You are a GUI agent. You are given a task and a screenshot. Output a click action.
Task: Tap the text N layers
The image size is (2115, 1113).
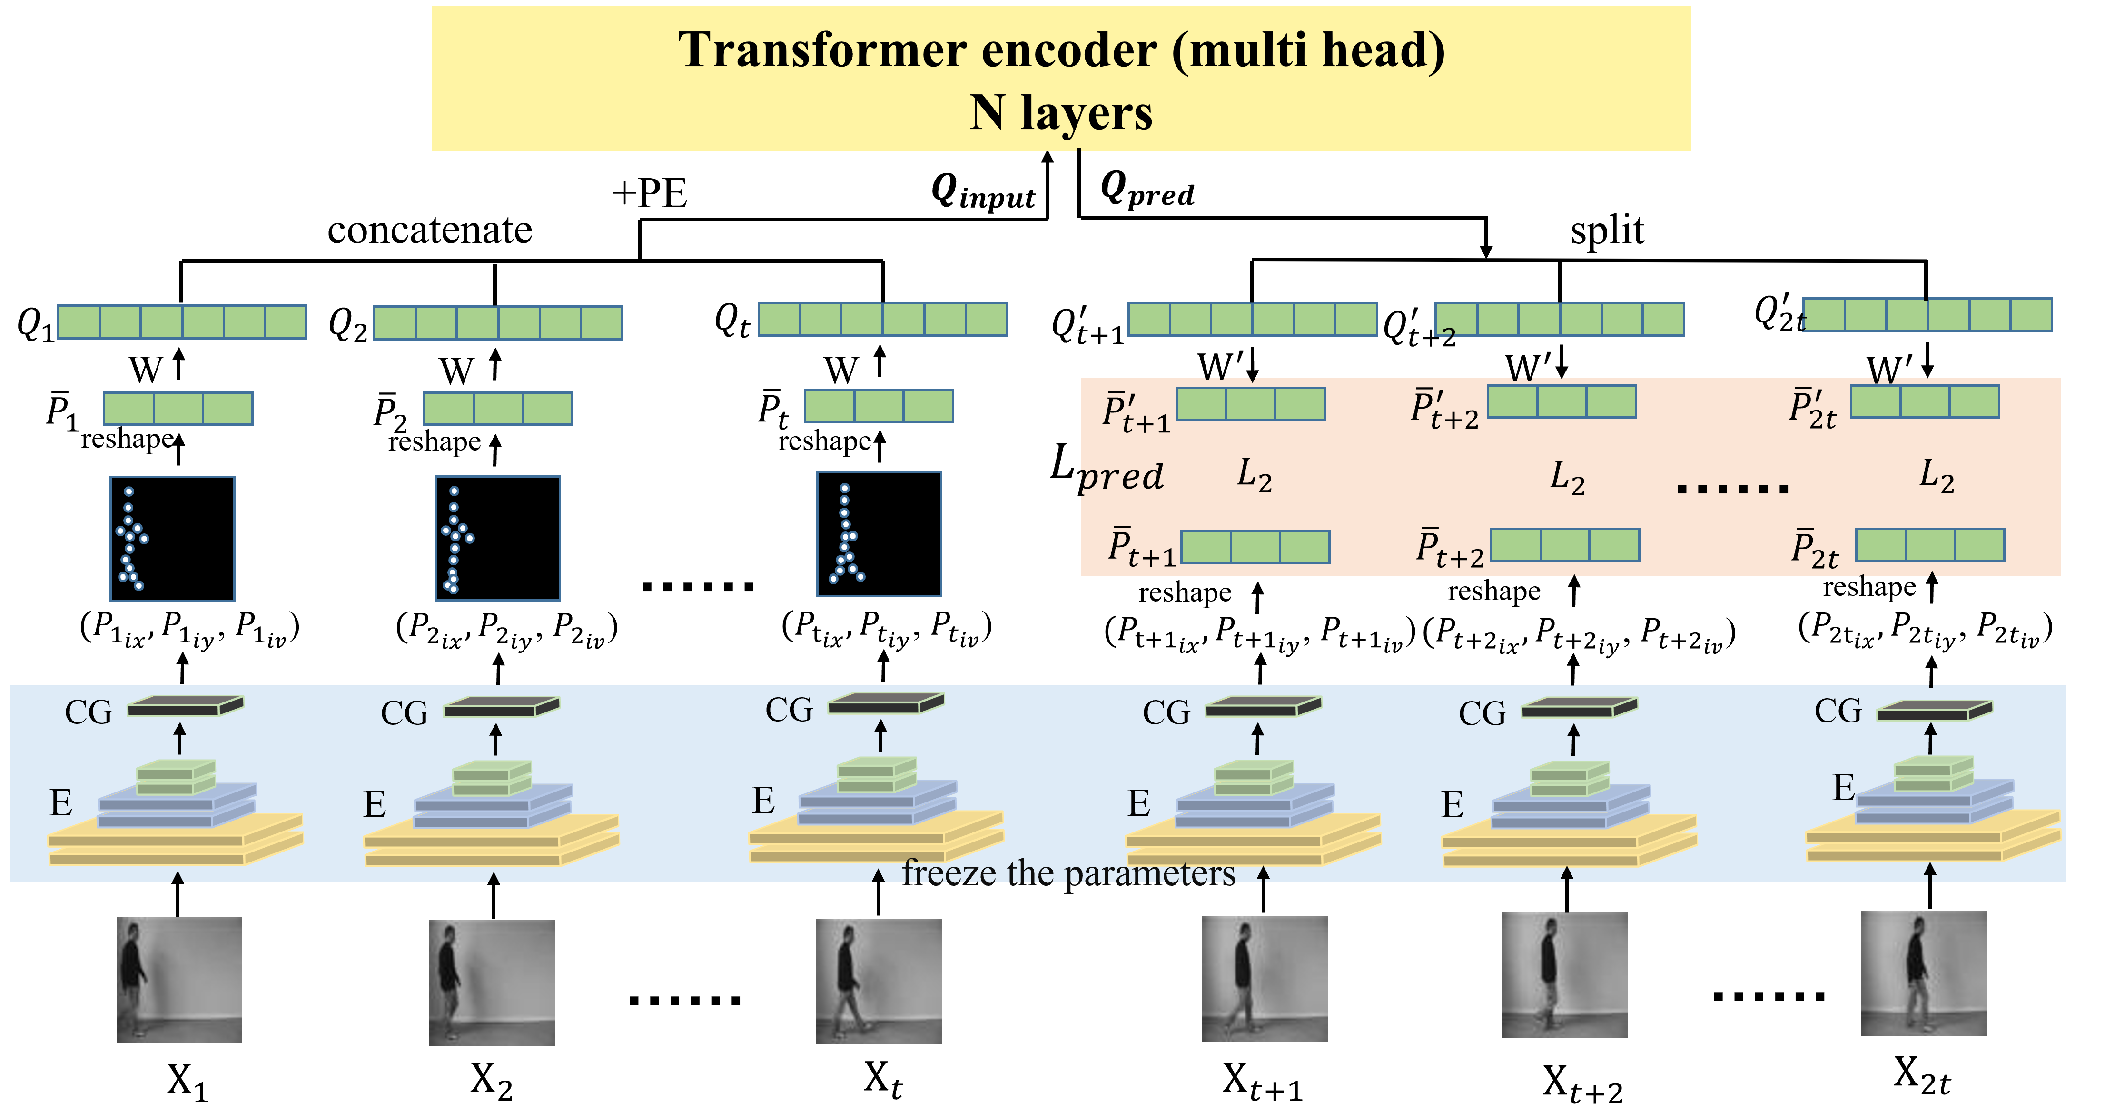coord(1061,113)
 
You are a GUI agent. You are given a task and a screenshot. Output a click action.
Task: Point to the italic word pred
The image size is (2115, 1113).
coord(1122,476)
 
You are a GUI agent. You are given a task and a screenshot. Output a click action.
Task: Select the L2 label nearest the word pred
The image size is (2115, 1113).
coord(1254,476)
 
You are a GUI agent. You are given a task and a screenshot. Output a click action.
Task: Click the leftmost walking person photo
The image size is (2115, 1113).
coord(179,980)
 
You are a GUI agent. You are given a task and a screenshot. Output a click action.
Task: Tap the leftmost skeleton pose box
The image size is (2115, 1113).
coord(172,539)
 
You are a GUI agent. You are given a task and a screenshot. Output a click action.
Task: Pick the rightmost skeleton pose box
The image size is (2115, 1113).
coord(879,534)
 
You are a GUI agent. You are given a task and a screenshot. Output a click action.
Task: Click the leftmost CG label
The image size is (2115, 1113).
coord(89,712)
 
